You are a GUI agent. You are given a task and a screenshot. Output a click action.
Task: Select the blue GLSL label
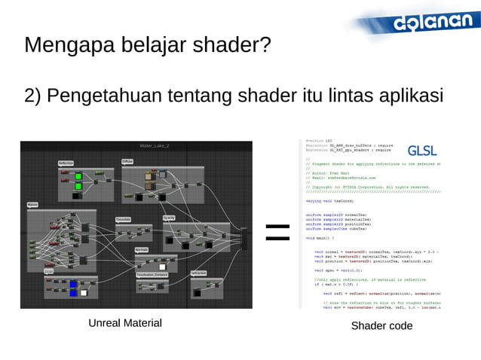click(421, 149)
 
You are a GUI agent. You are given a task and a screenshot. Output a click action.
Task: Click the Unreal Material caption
click(125, 323)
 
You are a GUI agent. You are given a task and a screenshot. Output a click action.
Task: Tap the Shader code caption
click(381, 325)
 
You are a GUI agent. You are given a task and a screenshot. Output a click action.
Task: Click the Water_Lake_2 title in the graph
click(155, 145)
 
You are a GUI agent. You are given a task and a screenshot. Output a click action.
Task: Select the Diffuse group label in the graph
click(127, 161)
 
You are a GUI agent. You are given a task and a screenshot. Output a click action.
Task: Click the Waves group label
click(32, 203)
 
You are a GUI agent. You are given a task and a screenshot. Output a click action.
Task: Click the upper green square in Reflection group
click(78, 176)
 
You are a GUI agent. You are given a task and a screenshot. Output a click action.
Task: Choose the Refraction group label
click(199, 273)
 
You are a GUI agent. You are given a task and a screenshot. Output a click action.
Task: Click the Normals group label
click(141, 249)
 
